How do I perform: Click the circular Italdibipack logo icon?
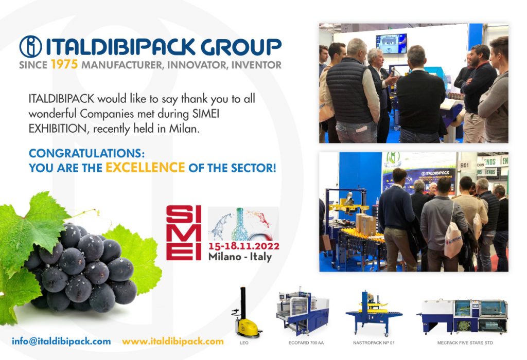(x=30, y=46)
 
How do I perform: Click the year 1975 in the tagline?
(x=64, y=64)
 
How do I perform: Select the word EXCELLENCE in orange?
(x=145, y=167)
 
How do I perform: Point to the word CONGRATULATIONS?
(x=86, y=153)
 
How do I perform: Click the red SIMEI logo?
(x=184, y=233)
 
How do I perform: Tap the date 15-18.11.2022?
(x=243, y=246)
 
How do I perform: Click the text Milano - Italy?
(x=240, y=257)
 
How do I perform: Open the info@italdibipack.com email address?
(x=61, y=341)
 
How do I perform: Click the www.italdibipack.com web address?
(x=173, y=341)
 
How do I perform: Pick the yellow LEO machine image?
(x=247, y=312)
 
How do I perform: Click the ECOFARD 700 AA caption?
(x=306, y=343)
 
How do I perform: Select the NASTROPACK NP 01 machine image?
(x=374, y=313)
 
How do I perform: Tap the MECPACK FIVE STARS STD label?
(x=465, y=343)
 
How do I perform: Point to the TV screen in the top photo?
(x=391, y=44)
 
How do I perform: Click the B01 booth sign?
(x=465, y=165)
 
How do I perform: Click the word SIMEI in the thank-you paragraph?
(x=206, y=114)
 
